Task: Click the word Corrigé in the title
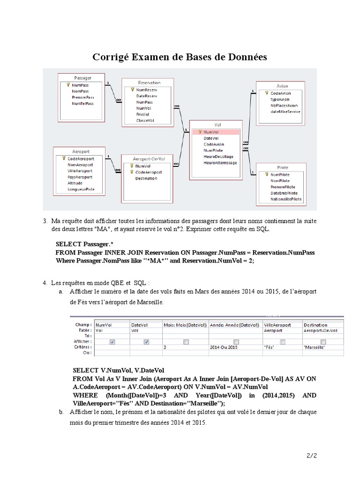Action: click(x=113, y=57)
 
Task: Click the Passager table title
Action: click(x=82, y=77)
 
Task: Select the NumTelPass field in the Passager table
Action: click(x=82, y=104)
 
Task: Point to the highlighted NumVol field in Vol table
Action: click(x=211, y=132)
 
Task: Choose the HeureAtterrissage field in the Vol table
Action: click(x=220, y=163)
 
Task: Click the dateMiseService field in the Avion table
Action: click(x=285, y=112)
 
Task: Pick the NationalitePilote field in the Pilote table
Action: click(x=286, y=199)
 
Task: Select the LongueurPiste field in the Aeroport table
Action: click(x=81, y=189)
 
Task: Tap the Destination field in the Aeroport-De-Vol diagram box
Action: click(x=146, y=179)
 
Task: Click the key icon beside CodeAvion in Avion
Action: click(x=267, y=93)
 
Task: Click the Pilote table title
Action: click(x=283, y=167)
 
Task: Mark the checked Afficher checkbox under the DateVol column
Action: click(x=146, y=342)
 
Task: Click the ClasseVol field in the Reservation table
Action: click(x=145, y=120)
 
